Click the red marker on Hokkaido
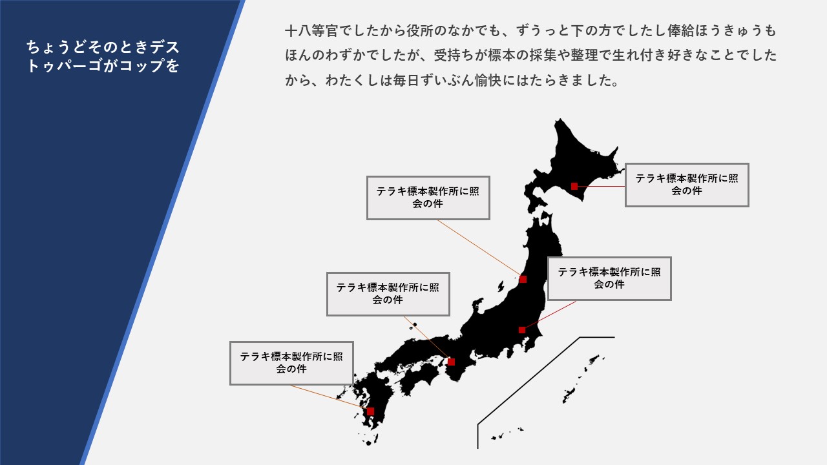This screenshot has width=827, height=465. pyautogui.click(x=574, y=187)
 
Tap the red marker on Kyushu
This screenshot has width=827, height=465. pyautogui.click(x=370, y=411)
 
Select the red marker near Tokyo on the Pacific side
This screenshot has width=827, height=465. pyautogui.click(x=521, y=330)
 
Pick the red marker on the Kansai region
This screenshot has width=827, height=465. pyautogui.click(x=451, y=362)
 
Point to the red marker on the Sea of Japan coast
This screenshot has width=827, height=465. pyautogui.click(x=523, y=280)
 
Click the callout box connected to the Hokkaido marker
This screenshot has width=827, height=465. pyautogui.click(x=687, y=185)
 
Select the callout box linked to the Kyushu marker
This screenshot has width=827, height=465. pyautogui.click(x=291, y=363)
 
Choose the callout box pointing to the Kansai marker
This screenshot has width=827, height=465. pyautogui.click(x=388, y=294)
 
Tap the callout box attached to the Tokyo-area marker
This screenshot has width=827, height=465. pyautogui.click(x=609, y=278)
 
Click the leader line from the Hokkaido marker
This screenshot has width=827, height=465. pyautogui.click(x=601, y=187)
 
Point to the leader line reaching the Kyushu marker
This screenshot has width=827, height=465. pyautogui.click(x=328, y=397)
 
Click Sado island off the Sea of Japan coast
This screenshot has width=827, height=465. pyautogui.click(x=501, y=286)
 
